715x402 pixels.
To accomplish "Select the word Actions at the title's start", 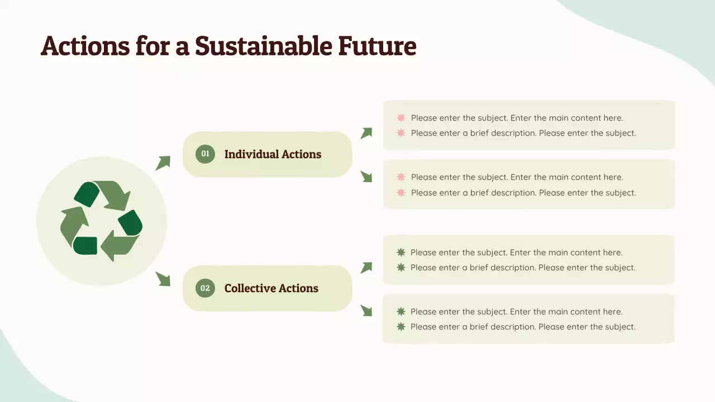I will [85, 46].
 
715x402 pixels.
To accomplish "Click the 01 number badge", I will [205, 154].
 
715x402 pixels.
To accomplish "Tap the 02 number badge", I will [205, 288].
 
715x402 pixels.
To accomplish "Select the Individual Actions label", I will [273, 154].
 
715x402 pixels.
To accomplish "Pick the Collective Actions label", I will [271, 288].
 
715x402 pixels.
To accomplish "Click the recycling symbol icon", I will [101, 221].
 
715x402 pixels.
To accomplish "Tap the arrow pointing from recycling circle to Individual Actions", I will [163, 163].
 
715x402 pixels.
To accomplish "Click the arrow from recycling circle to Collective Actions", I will [163, 279].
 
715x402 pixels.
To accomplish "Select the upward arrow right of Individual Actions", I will [366, 133].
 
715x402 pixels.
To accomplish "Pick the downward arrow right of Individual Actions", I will [366, 176].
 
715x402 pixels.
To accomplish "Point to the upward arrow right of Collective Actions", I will [366, 267].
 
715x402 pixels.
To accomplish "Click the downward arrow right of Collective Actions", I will [366, 310].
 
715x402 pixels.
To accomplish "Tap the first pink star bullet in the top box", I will [401, 118].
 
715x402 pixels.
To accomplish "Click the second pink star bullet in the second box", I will [401, 193].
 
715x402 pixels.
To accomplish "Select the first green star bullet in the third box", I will [401, 252].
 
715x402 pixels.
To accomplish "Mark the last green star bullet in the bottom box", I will [401, 327].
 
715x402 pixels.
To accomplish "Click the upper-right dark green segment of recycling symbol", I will [131, 222].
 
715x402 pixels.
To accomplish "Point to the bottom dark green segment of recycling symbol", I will [85, 246].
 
